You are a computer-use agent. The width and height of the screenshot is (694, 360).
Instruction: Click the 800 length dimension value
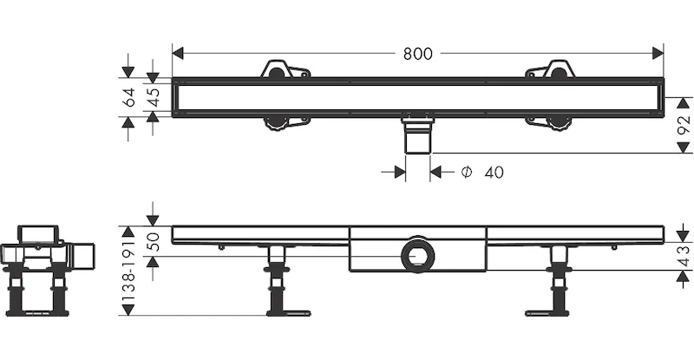[417, 53]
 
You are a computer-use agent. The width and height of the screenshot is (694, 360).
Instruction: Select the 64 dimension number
[129, 97]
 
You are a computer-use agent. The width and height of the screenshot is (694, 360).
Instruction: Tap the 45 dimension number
[154, 97]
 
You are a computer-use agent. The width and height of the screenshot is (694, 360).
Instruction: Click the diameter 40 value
[494, 173]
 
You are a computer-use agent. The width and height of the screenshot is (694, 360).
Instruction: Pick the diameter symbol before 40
[466, 173]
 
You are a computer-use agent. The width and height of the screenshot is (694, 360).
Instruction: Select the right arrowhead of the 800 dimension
[658, 53]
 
